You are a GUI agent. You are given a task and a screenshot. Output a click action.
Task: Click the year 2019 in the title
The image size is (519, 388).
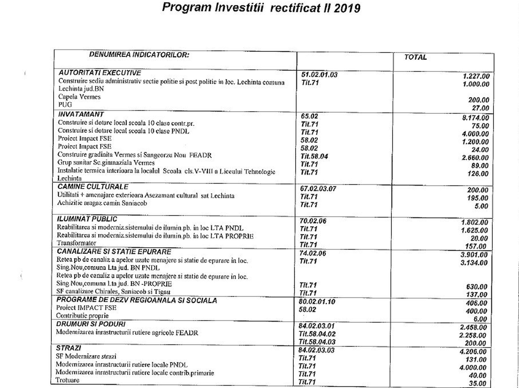point(347,8)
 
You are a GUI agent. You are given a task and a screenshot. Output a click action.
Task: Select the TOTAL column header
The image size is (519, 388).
point(415,57)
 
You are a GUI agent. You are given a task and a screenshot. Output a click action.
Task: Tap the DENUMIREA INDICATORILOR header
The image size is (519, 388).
point(139,55)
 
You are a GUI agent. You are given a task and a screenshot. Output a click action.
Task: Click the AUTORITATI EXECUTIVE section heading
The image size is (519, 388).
point(100,73)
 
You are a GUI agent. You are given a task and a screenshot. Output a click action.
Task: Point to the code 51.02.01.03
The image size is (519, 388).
point(319,75)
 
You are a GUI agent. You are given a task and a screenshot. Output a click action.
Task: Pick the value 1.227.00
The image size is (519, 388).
point(476,76)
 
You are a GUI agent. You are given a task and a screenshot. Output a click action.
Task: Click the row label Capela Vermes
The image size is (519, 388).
point(79,97)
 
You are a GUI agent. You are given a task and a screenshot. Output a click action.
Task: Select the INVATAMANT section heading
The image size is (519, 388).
point(81,114)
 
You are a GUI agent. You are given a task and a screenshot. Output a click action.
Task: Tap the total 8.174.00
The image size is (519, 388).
point(475,118)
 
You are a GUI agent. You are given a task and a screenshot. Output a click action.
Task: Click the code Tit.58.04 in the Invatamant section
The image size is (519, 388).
point(314,156)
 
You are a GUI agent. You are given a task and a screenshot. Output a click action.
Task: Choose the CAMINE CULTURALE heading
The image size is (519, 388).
point(93,187)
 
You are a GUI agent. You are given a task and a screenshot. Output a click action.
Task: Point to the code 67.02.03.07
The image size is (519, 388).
point(318,189)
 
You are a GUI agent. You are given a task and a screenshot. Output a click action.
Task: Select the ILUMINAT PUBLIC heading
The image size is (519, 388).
point(87,219)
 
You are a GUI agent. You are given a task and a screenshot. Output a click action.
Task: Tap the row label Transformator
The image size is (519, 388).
point(76,243)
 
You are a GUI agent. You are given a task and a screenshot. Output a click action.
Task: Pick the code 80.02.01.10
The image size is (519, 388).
point(317,302)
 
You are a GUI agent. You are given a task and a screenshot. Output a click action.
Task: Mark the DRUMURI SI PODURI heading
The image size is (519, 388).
point(91,324)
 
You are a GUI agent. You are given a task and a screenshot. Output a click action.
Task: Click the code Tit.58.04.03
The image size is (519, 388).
point(317,342)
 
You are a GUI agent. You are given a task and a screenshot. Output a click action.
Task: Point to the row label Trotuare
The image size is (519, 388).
point(67,380)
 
